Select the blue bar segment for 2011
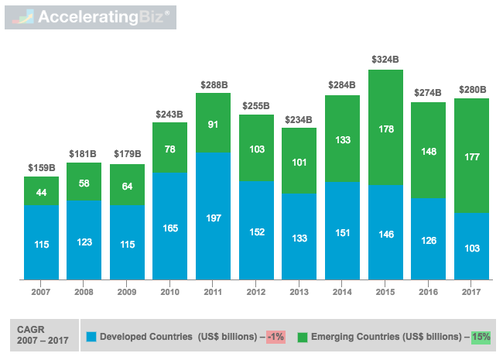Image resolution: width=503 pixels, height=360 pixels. [x=214, y=216]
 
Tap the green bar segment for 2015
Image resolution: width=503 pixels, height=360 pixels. [x=385, y=128]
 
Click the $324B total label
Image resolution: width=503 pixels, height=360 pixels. [x=385, y=60]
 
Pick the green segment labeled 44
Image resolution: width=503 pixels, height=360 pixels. [x=41, y=191]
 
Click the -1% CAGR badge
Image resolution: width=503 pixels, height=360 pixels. [x=275, y=337]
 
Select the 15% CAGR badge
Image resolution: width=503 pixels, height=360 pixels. [x=480, y=337]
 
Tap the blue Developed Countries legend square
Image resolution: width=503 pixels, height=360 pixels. [x=91, y=337]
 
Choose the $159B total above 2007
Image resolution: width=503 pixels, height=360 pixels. [x=41, y=166]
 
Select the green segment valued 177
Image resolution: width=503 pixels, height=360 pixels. [x=471, y=156]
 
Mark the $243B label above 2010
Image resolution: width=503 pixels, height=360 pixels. [x=170, y=114]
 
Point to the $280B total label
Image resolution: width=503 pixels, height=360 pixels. [x=471, y=88]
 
